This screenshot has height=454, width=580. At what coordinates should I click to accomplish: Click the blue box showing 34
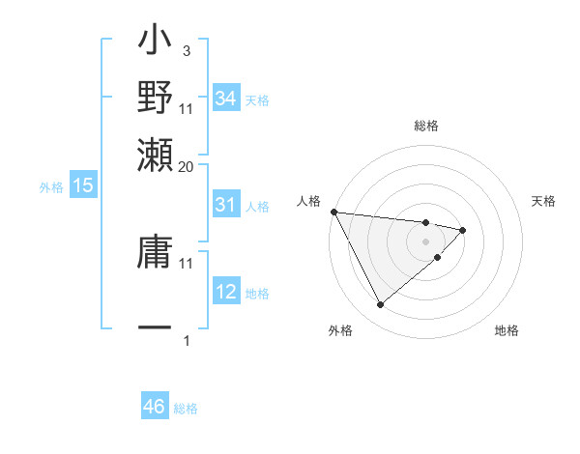click(225, 98)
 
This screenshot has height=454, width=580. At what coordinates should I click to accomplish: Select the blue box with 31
click(225, 205)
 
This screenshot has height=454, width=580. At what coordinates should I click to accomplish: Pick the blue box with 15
click(83, 185)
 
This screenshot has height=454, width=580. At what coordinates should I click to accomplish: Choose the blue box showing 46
click(155, 407)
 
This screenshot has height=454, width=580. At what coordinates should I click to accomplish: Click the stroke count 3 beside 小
click(186, 51)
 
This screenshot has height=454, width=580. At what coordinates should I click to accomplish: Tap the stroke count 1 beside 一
click(187, 340)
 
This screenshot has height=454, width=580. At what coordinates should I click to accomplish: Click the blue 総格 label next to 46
click(186, 409)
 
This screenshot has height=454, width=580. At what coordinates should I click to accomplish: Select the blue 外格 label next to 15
click(51, 187)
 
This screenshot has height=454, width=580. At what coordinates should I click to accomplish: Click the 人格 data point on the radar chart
click(333, 212)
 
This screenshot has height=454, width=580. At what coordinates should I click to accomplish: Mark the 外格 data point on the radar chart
click(381, 305)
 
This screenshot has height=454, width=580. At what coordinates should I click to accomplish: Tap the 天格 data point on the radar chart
click(463, 230)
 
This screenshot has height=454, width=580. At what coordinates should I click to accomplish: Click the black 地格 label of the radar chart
click(507, 331)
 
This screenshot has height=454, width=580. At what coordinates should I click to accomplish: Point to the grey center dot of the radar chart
click(426, 241)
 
